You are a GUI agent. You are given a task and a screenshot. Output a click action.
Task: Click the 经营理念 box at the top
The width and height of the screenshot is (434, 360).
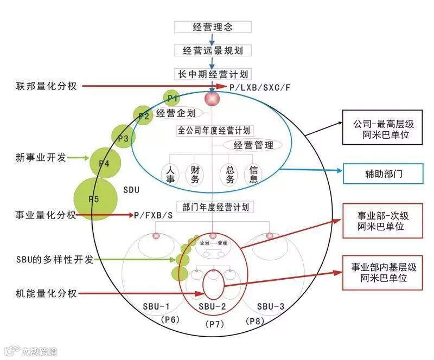[212, 27]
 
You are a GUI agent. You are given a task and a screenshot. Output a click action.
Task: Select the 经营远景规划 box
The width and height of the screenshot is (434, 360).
[212, 50]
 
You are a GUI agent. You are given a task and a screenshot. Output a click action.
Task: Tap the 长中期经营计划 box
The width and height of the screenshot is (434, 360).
[212, 74]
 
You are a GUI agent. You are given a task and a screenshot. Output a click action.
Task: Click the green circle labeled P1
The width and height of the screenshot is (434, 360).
[173, 98]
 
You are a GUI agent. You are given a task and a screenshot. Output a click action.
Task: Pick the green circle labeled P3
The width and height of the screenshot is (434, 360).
[123, 138]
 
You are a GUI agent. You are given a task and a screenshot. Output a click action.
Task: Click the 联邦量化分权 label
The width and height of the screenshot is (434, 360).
[46, 86]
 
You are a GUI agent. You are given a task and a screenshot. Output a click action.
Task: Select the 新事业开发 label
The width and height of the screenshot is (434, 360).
[41, 158]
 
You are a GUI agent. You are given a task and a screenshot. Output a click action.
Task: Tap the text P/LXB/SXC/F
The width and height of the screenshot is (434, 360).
[259, 87]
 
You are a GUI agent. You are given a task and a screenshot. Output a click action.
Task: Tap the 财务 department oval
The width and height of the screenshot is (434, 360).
[193, 174]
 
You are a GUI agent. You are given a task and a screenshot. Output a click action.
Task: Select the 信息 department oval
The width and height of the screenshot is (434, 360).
[253, 174]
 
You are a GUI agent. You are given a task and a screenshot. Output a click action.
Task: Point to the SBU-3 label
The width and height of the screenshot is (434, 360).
[271, 306]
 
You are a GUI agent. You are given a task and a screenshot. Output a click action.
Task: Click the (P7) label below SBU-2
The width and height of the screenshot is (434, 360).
[213, 324]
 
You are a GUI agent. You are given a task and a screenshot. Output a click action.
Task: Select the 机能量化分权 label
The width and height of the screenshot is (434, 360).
[46, 293]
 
